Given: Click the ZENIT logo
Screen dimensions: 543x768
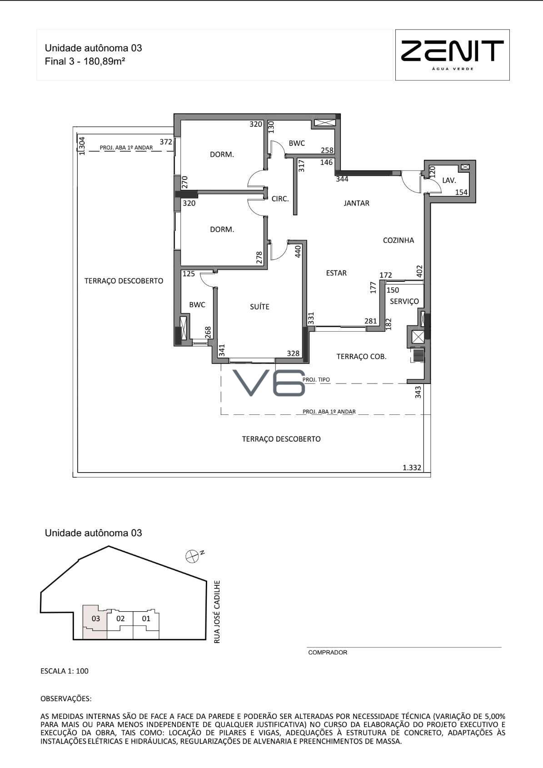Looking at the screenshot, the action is click(452, 55).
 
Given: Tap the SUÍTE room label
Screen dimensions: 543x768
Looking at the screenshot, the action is click(259, 306).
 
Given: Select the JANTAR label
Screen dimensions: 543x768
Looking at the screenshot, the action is click(357, 203).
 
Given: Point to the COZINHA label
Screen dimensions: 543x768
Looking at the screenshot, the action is click(399, 240).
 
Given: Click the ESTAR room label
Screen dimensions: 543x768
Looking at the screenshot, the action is click(336, 273).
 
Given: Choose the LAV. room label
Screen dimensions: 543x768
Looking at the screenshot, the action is click(449, 180).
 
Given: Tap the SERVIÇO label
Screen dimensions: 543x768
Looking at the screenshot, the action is click(404, 301).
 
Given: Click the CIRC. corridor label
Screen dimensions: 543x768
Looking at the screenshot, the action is click(280, 199).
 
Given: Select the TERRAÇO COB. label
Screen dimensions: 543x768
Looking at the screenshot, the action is click(361, 357).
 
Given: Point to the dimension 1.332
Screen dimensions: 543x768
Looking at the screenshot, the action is click(412, 467).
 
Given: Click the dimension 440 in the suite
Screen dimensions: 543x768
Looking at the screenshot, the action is click(298, 251).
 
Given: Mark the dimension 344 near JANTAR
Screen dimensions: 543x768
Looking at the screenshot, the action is click(342, 179).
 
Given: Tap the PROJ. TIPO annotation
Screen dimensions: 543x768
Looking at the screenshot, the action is click(316, 379).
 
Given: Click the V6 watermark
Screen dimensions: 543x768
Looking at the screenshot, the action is click(269, 383).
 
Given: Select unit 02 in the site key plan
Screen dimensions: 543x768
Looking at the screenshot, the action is click(120, 618).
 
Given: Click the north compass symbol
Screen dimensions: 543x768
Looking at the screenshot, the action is click(192, 556).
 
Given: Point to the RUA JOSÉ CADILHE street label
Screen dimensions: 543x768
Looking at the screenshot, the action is click(217, 611).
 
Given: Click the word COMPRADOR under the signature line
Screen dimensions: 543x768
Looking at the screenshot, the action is click(328, 653).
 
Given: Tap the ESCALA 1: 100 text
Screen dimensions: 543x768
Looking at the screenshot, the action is click(65, 671).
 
